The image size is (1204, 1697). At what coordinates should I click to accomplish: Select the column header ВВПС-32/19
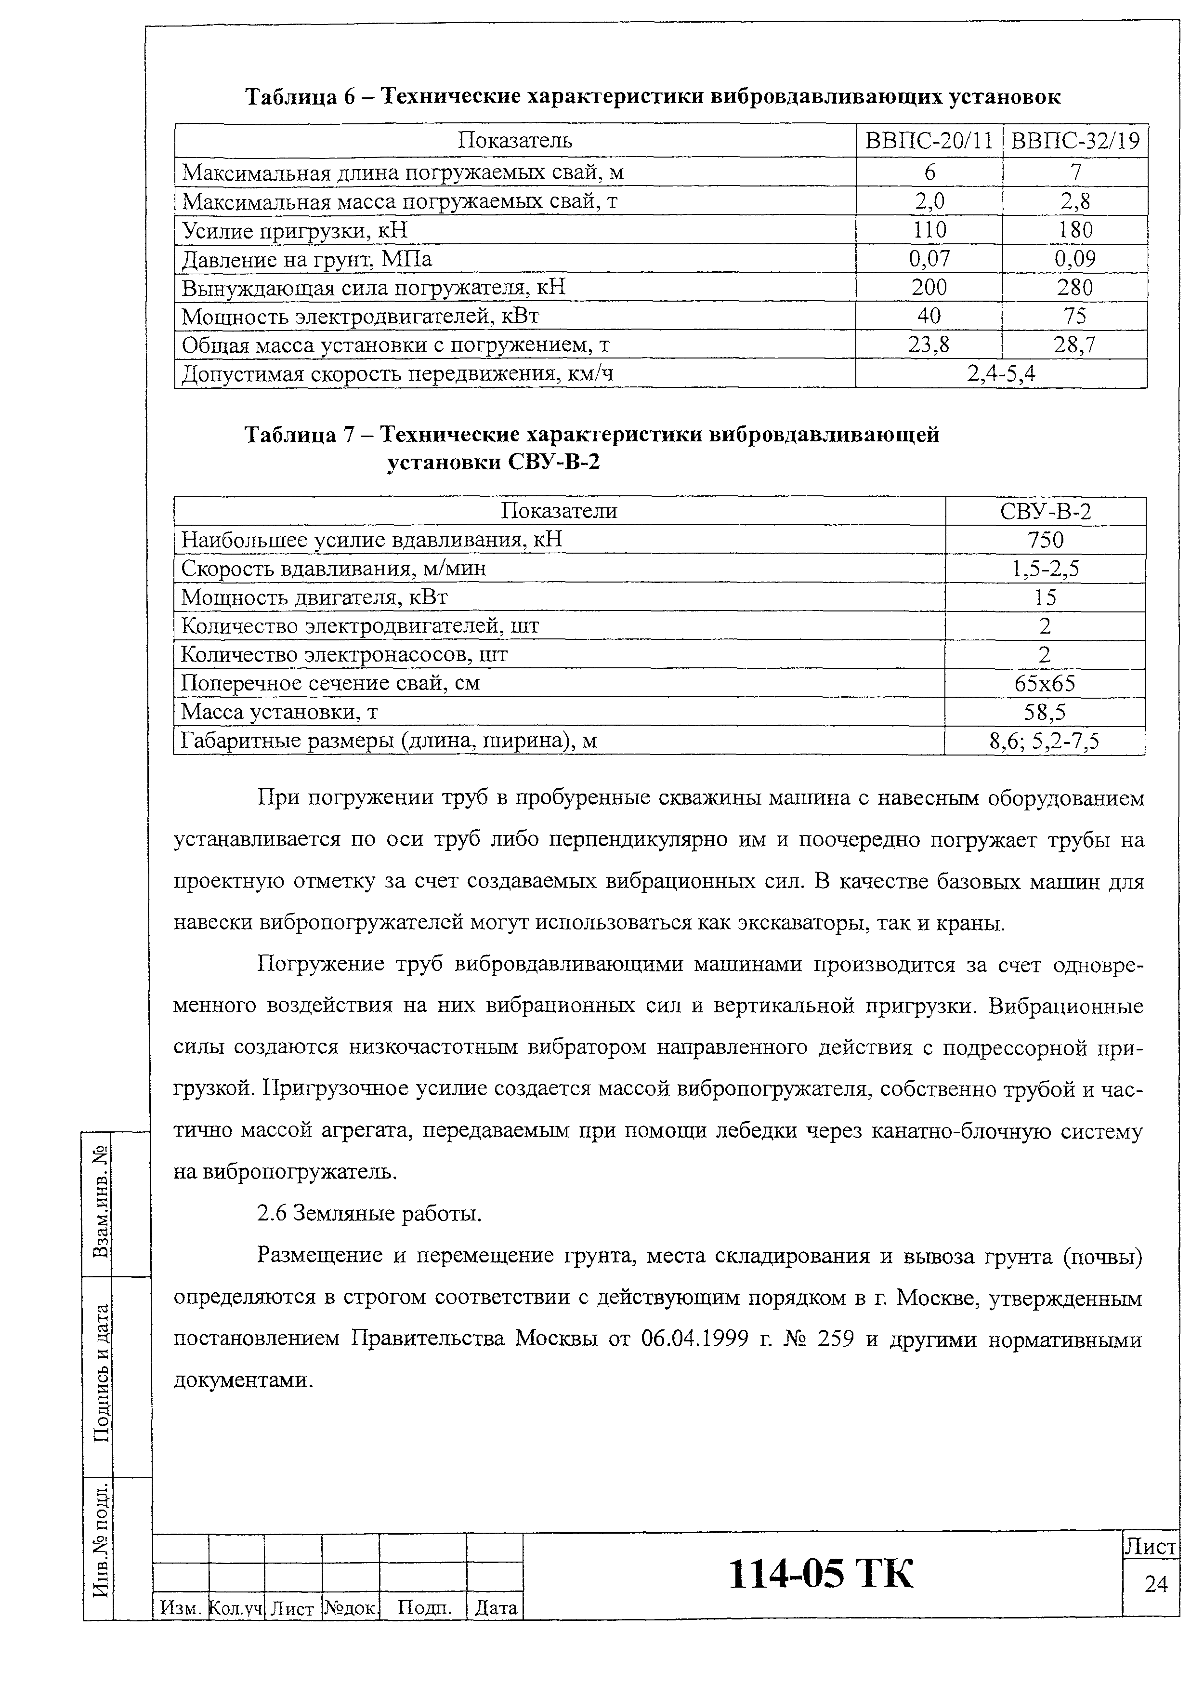[x=1074, y=141]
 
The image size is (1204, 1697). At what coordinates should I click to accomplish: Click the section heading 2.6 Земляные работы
[x=368, y=1213]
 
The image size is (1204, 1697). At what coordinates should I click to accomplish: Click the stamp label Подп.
[x=423, y=1607]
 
